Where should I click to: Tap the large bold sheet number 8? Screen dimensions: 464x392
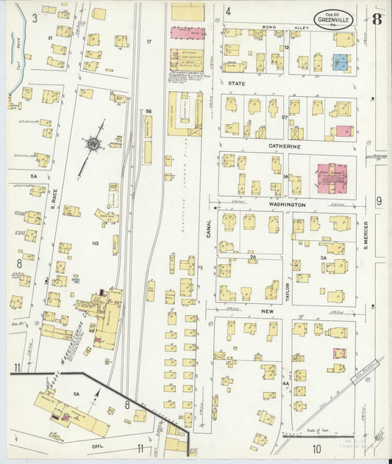click(x=376, y=18)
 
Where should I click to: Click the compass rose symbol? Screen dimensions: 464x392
click(x=93, y=144)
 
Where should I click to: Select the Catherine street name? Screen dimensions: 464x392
click(x=285, y=147)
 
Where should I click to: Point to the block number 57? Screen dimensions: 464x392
click(x=283, y=117)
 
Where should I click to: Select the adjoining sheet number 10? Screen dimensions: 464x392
click(x=317, y=448)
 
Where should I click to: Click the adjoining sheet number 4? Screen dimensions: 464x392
click(x=228, y=11)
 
